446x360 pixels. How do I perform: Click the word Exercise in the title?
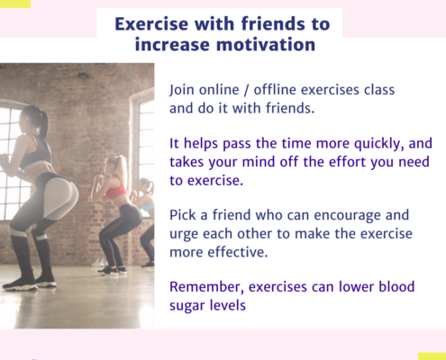tap(152, 23)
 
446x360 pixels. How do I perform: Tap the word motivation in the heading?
tap(266, 45)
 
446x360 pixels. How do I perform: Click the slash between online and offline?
tap(246, 90)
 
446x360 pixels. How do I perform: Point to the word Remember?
tap(206, 287)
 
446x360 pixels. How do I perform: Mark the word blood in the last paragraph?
tap(396, 287)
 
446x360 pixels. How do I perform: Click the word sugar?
tap(187, 306)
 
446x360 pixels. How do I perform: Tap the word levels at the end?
tap(228, 305)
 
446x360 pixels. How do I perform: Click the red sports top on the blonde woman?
tap(116, 192)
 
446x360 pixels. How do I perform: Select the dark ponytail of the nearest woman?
tap(43, 123)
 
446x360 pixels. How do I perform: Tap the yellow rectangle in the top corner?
tap(15, 4)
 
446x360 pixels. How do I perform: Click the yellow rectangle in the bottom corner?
tap(432, 356)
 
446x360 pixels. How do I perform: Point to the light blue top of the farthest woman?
tap(148, 207)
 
